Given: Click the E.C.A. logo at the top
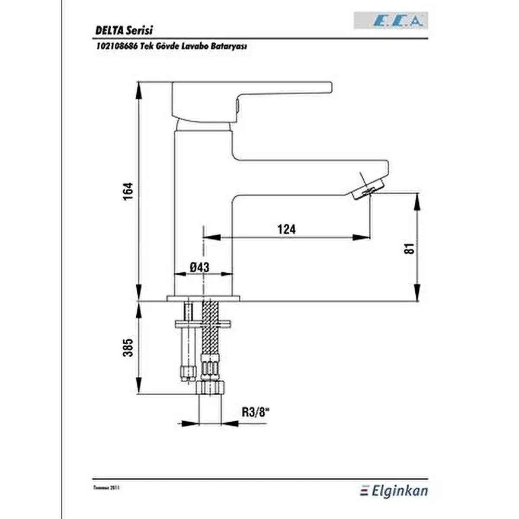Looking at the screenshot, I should pyautogui.click(x=391, y=21).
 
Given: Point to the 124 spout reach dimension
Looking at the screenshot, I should pyautogui.click(x=286, y=229).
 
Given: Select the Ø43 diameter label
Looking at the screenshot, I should pyautogui.click(x=199, y=267).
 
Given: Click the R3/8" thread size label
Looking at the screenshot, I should pyautogui.click(x=256, y=412).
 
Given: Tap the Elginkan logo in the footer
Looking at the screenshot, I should pyautogui.click(x=394, y=490).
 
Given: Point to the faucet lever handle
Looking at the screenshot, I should pyautogui.click(x=251, y=93).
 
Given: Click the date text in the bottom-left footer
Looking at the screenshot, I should pyautogui.click(x=106, y=487).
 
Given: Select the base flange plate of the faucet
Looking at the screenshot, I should pyautogui.click(x=203, y=298).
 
